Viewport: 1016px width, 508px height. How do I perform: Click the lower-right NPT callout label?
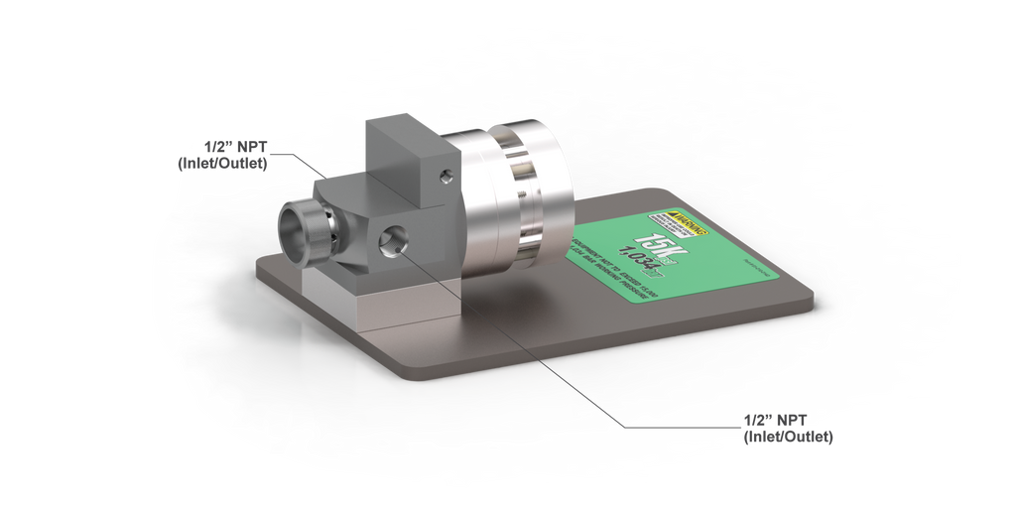789,427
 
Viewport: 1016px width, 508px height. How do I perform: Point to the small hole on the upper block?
445,176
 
